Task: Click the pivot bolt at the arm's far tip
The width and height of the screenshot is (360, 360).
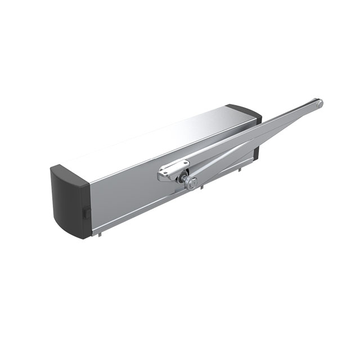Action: (318, 104)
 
